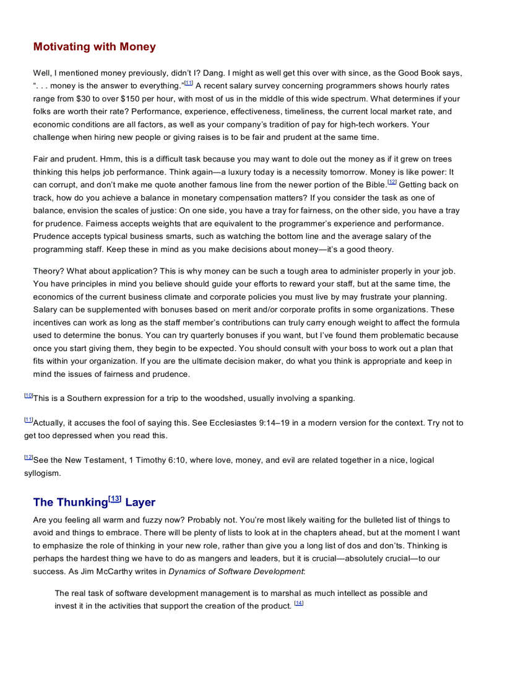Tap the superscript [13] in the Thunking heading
tap(115, 499)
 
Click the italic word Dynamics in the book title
tap(187, 572)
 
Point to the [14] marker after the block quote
tap(299, 603)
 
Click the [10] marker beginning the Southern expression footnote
tap(28, 396)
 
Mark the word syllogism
tap(43, 473)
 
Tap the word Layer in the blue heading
tap(140, 502)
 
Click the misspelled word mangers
tap(218, 559)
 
